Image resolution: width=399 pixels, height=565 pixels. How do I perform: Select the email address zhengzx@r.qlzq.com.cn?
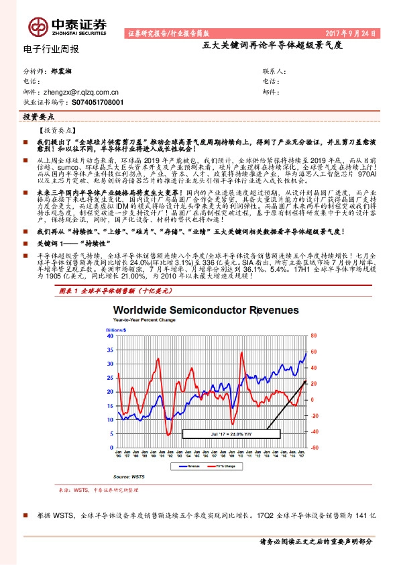point(80,93)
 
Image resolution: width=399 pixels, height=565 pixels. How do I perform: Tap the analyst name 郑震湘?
point(62,70)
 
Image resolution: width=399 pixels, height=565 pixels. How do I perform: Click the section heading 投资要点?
point(34,117)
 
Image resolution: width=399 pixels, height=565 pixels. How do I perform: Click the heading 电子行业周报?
point(51,50)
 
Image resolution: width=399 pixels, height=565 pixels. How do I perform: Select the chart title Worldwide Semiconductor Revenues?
point(213,311)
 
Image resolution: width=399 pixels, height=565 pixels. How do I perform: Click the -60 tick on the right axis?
point(312,448)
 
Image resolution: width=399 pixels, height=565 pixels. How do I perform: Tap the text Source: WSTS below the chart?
point(128,476)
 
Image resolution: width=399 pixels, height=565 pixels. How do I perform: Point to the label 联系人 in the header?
point(274,70)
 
